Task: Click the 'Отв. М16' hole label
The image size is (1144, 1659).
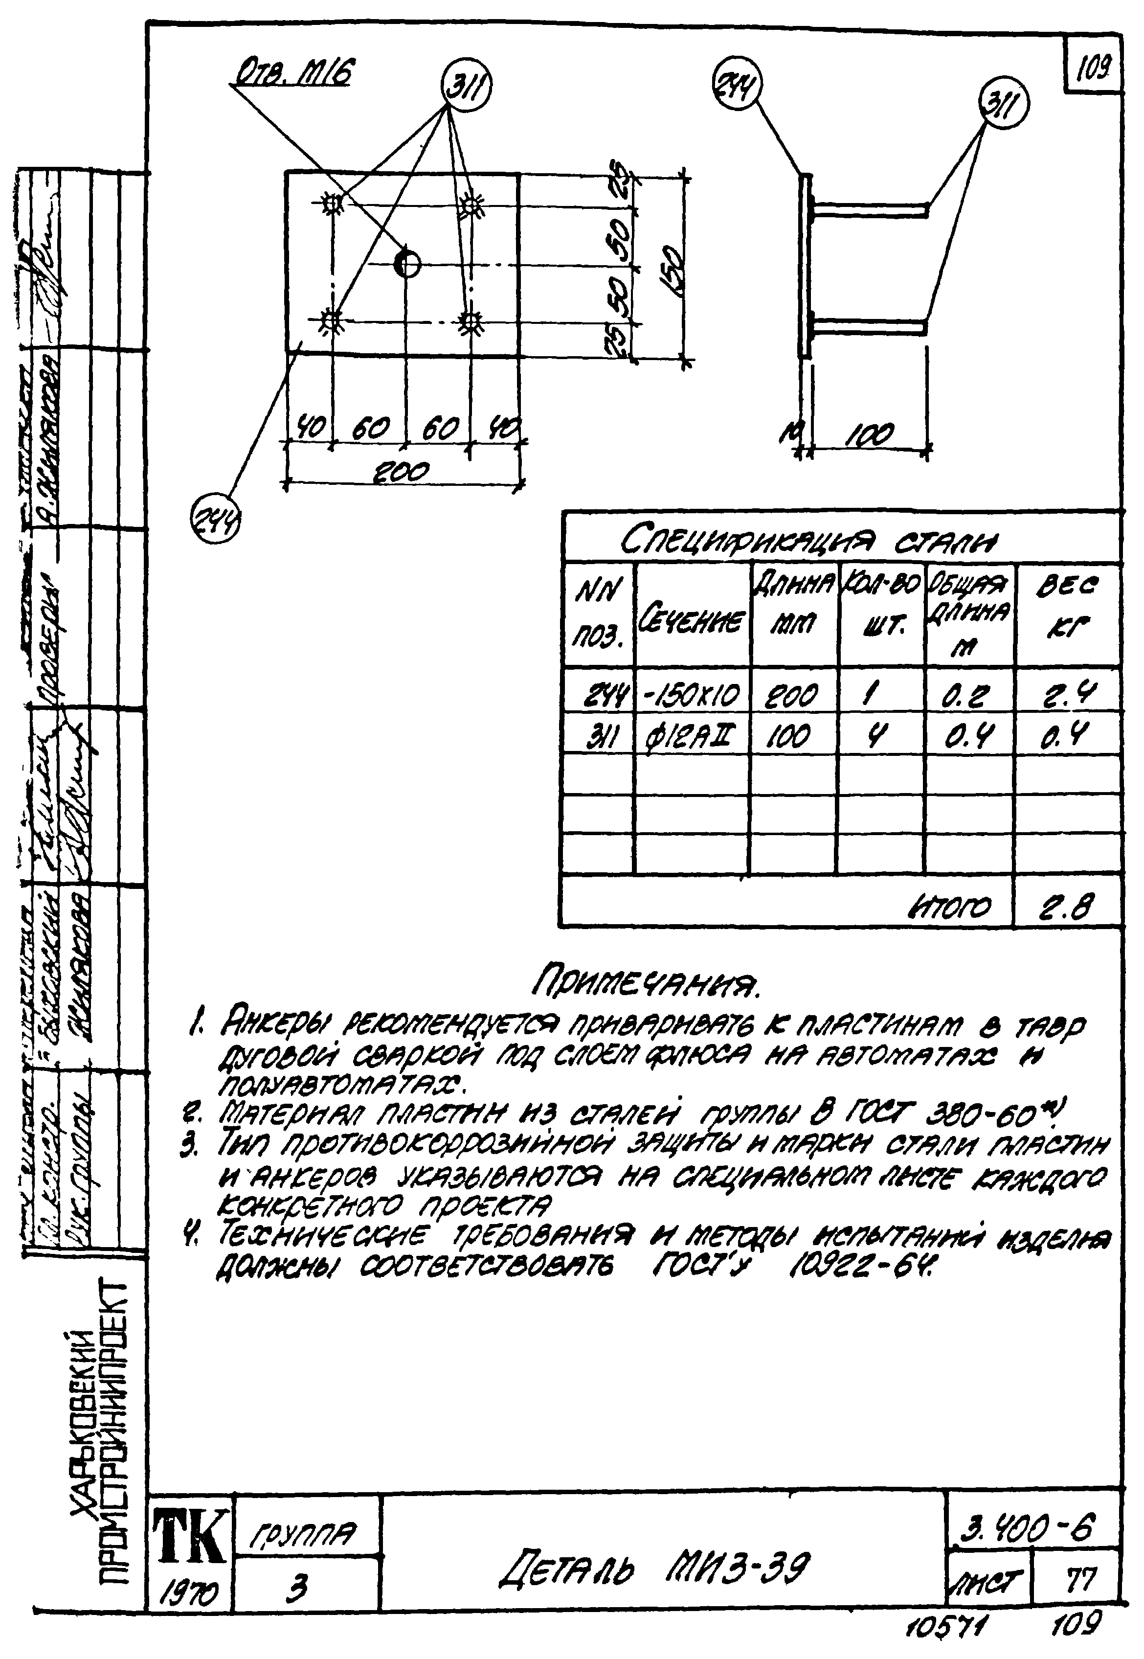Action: point(294,72)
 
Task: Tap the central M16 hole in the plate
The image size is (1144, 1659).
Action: point(407,264)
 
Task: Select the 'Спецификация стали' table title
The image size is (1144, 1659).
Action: point(810,540)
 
